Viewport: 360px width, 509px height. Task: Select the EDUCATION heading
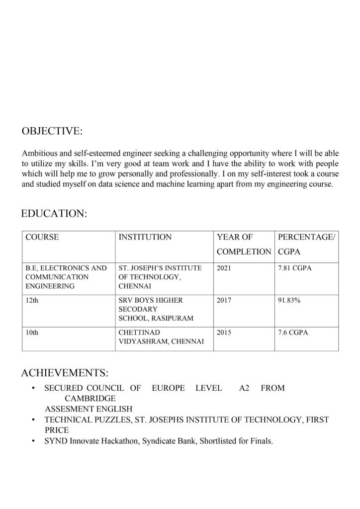pos(54,214)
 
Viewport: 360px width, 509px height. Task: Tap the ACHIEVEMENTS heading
pos(65,372)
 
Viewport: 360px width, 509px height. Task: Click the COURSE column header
pos(42,237)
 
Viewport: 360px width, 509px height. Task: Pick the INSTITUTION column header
pos(145,237)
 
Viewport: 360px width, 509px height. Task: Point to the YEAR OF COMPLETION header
pos(244,244)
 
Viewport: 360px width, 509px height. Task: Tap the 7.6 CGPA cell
pos(293,332)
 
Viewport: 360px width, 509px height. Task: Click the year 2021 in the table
pos(224,268)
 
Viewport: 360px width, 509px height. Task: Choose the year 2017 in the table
pos(224,301)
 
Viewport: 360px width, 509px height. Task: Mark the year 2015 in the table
pos(224,332)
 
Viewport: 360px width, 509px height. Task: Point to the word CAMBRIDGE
pos(90,398)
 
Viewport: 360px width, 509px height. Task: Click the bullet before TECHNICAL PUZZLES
pos(32,420)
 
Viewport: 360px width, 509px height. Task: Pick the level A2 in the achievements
pos(244,388)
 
